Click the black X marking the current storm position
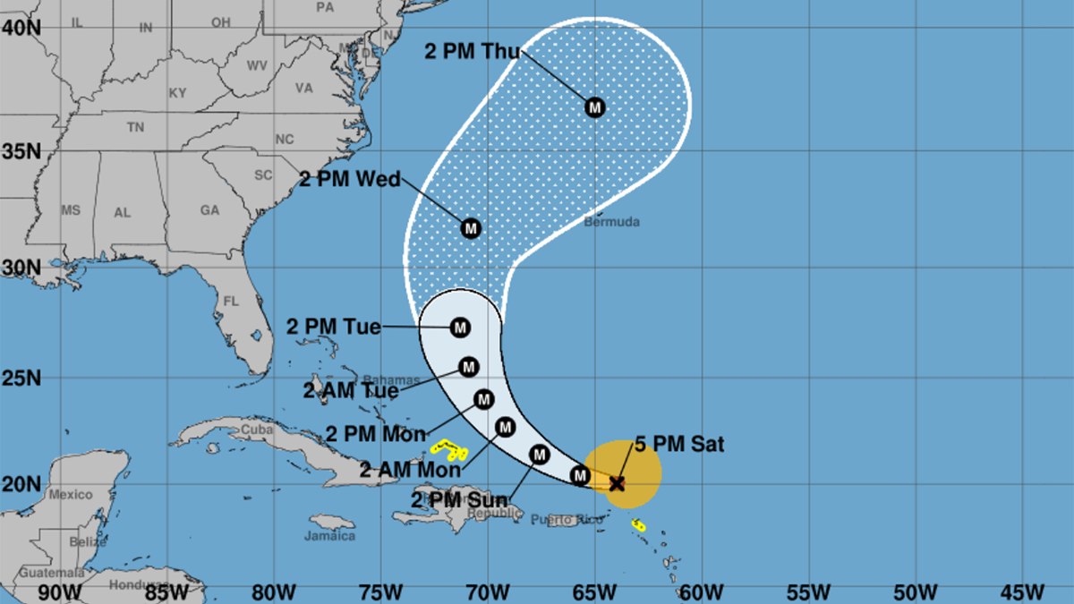[x=616, y=483]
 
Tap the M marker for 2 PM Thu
[x=595, y=107]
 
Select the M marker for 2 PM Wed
[x=471, y=228]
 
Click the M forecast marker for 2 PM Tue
[x=460, y=328]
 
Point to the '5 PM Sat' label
[x=679, y=444]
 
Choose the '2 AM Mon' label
[x=410, y=468]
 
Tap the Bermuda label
[x=612, y=221]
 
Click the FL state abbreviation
[x=231, y=302]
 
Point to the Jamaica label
[x=330, y=536]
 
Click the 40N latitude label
[x=20, y=28]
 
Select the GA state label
[x=209, y=210]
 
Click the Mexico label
[x=71, y=494]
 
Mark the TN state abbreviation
[x=135, y=128]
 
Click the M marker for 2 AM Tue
[x=469, y=367]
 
